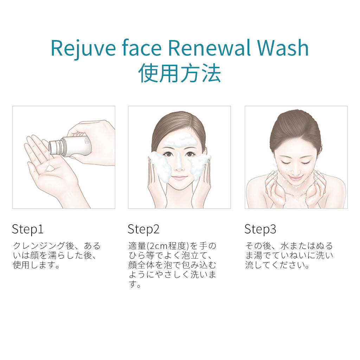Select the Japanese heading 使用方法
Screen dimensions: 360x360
tap(180, 73)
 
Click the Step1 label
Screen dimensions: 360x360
tap(28, 229)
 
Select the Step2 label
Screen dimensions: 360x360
tap(143, 229)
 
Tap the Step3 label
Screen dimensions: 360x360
tap(260, 229)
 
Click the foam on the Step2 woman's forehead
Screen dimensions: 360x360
tap(180, 141)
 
